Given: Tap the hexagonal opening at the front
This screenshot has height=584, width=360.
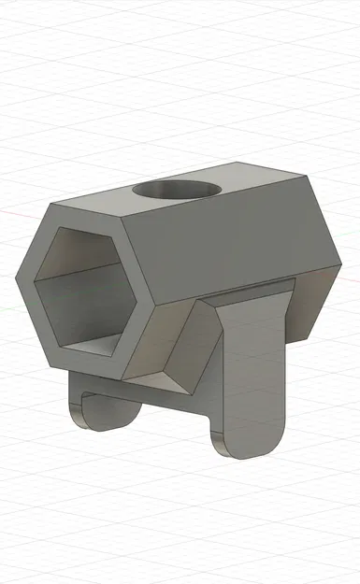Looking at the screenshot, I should point(84,290).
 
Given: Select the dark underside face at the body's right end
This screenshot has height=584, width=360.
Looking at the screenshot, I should point(309,308).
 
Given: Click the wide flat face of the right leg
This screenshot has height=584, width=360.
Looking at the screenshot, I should point(252,374).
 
